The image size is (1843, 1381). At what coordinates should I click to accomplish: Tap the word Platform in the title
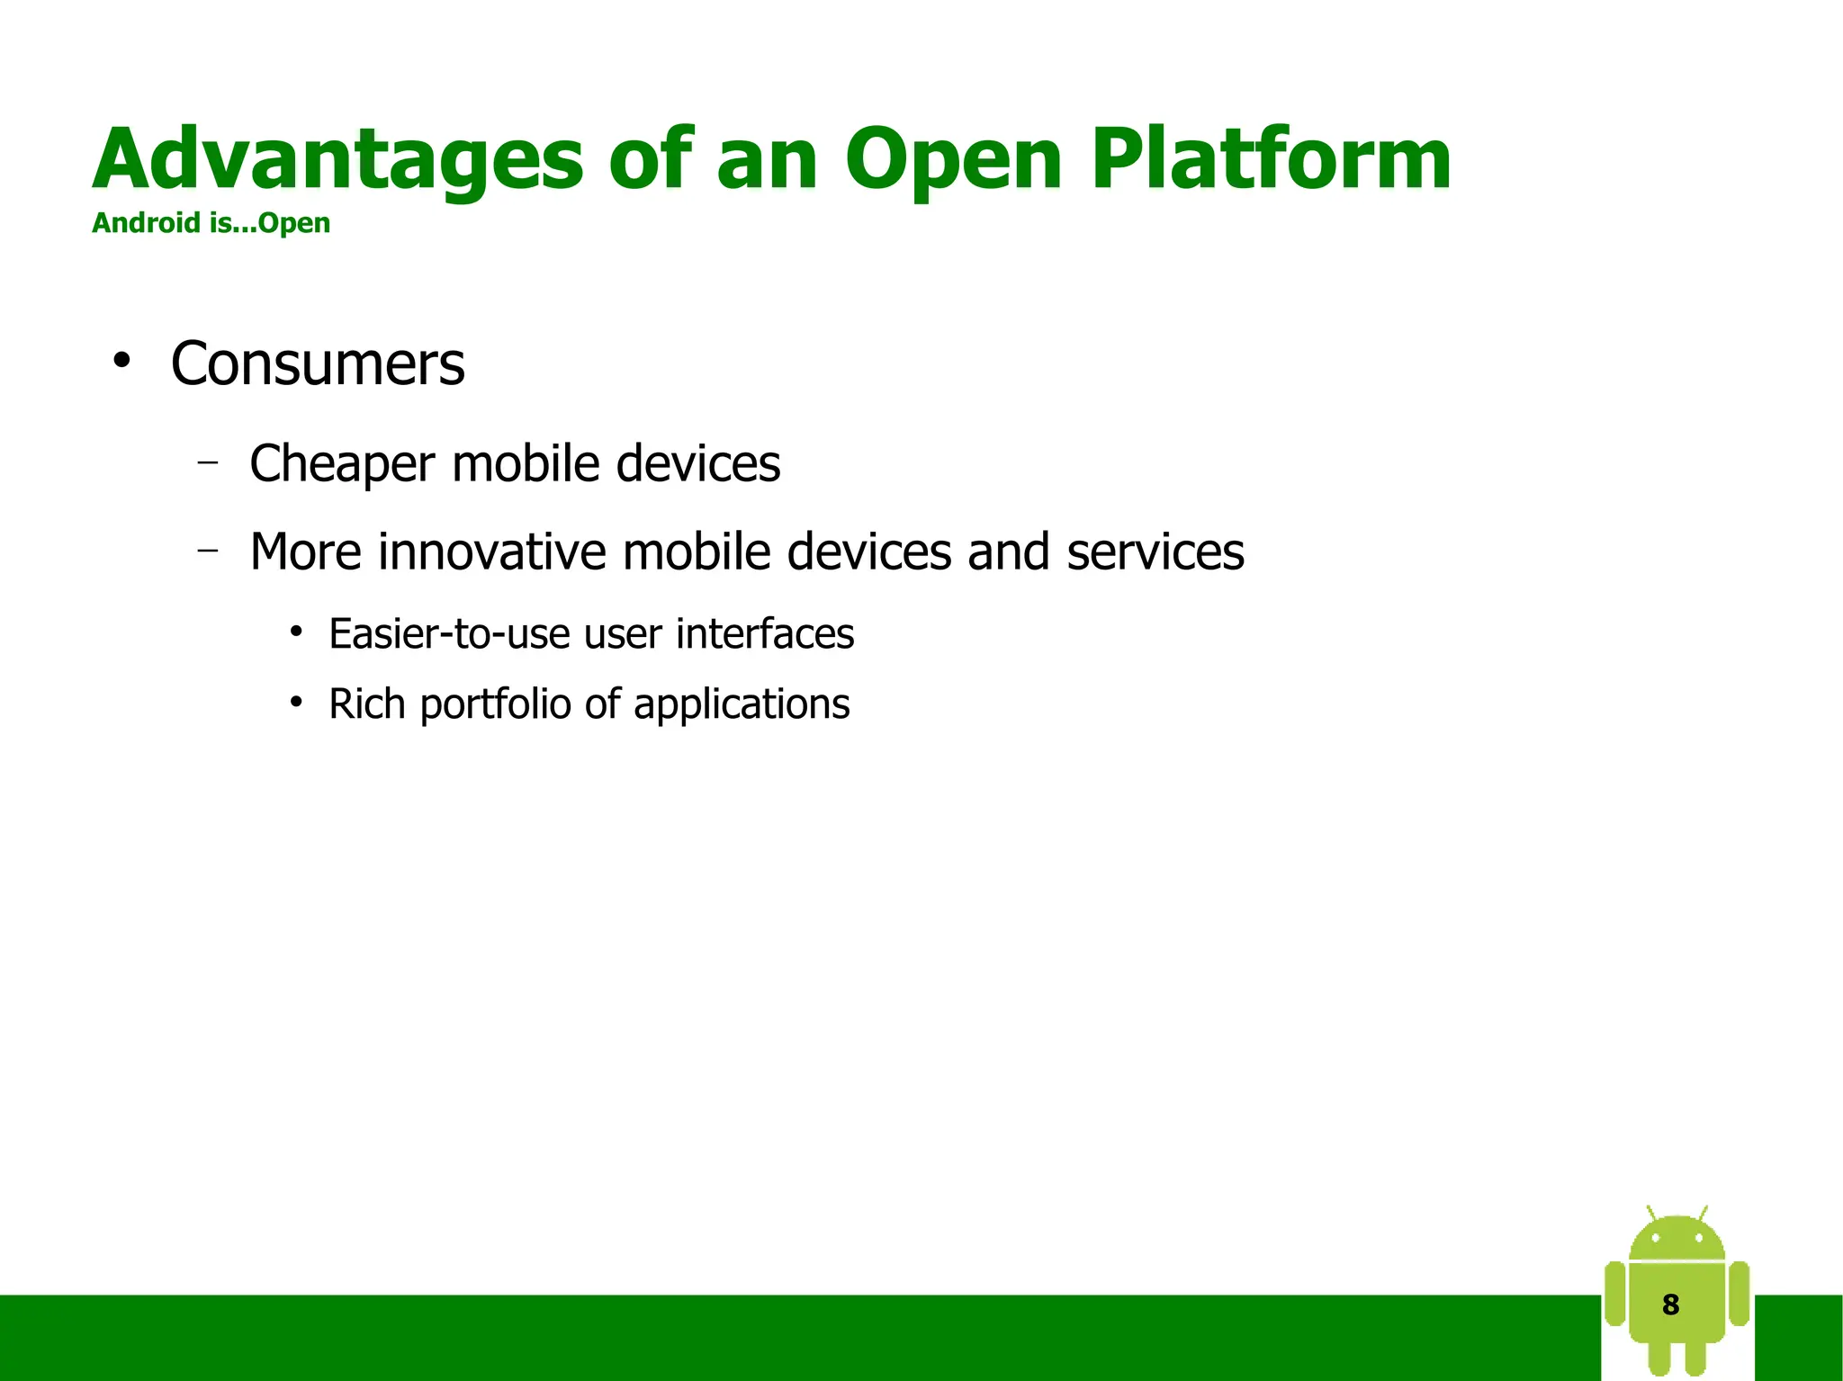[1271, 160]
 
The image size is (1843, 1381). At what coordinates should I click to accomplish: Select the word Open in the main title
[954, 162]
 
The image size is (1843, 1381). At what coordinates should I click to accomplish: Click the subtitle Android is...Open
[211, 223]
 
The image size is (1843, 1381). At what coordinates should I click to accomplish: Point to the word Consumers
[318, 364]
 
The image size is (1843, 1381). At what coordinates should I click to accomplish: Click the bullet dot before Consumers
[121, 362]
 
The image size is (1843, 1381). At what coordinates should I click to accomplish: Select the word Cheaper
[342, 464]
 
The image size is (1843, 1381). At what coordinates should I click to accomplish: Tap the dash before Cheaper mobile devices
[208, 463]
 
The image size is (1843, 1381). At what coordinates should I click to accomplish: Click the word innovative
[491, 552]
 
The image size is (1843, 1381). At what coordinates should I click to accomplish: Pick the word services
[1155, 552]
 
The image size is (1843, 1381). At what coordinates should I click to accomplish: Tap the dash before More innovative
[208, 550]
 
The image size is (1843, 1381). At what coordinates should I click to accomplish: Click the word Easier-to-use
[449, 633]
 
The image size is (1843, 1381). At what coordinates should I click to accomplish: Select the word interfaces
[765, 633]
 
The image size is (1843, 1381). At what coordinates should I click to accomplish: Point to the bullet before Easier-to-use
[296, 632]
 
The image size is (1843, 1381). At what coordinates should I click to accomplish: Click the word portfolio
[495, 704]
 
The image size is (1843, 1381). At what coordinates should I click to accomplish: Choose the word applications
[742, 704]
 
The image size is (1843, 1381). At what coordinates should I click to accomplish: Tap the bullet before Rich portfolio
[296, 703]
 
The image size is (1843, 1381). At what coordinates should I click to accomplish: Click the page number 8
[1670, 1305]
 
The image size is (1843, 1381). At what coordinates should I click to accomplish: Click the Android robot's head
[1677, 1240]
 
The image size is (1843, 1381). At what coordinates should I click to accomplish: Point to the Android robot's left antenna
[1651, 1212]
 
